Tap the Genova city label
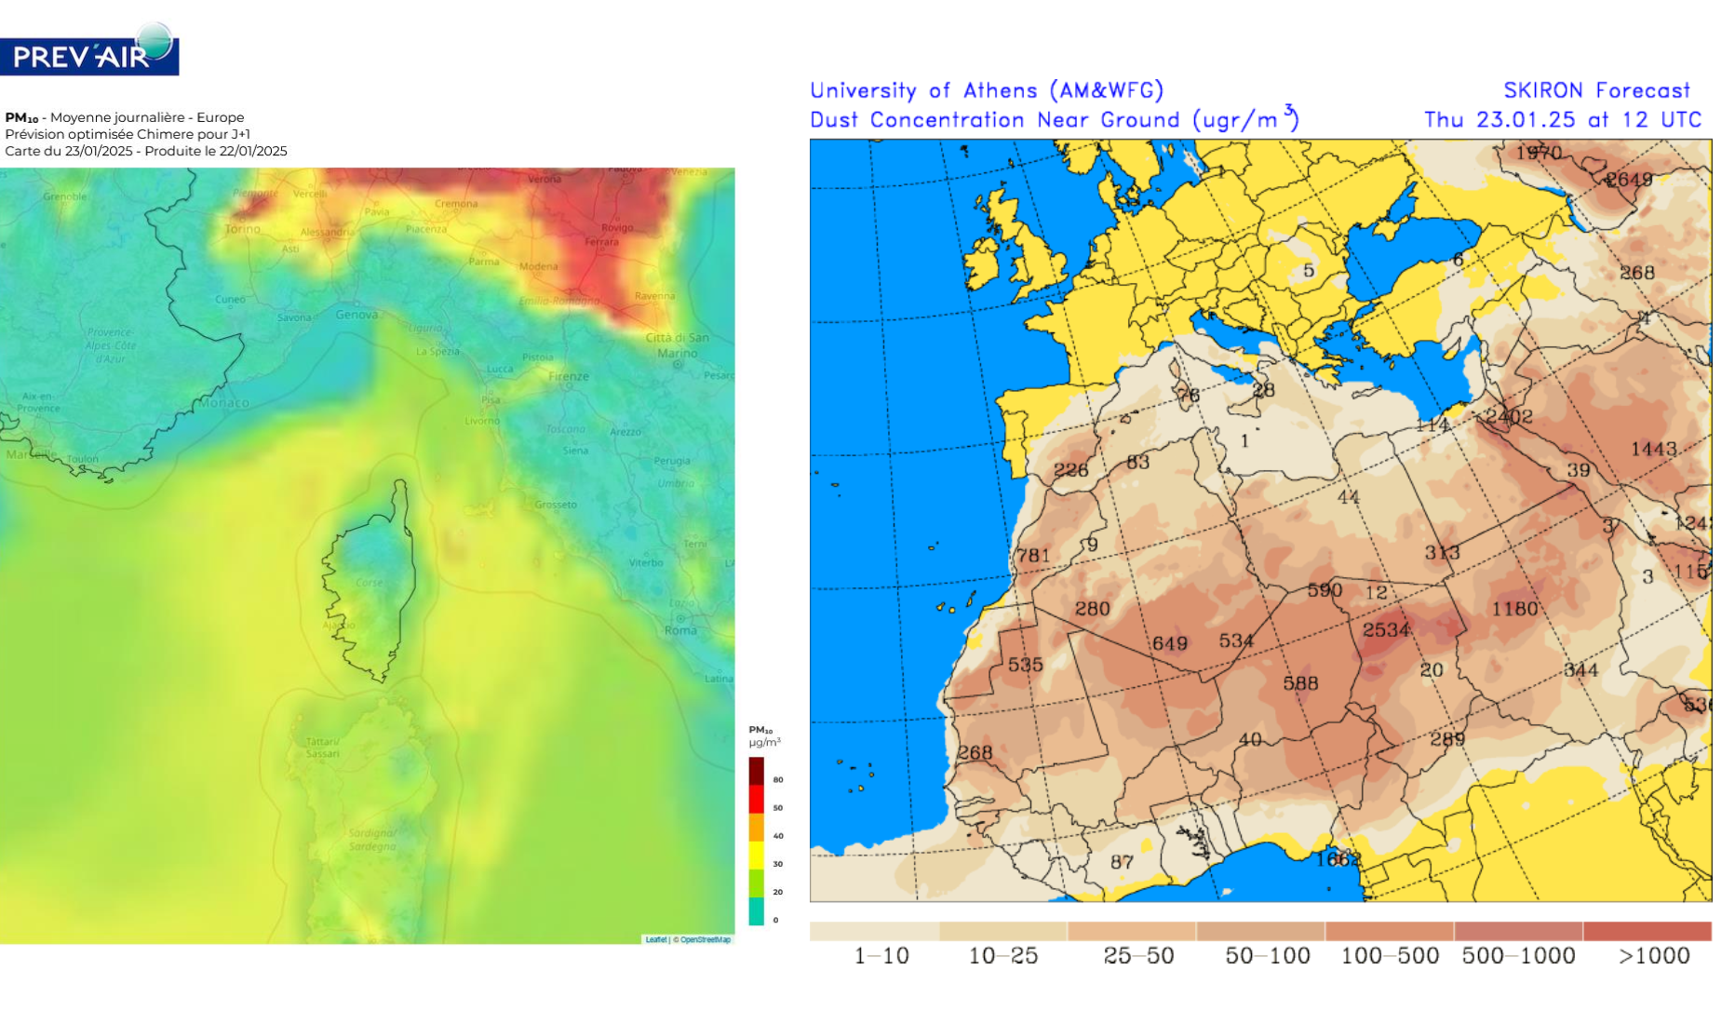[x=356, y=315]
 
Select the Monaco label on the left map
[x=224, y=403]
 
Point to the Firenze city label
[x=569, y=376]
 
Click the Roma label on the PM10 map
[x=680, y=630]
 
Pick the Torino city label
[x=243, y=229]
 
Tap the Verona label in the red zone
[x=545, y=179]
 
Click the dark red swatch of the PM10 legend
[x=756, y=771]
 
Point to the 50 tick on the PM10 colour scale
[x=778, y=808]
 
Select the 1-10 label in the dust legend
[x=881, y=956]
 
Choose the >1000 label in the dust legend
[x=1654, y=956]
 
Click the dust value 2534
[x=1386, y=630]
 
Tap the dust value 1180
[x=1514, y=609]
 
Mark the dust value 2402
[x=1509, y=416]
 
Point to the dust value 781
[x=1032, y=556]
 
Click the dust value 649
[x=1169, y=643]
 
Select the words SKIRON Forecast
[x=1596, y=90]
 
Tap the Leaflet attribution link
[x=655, y=939]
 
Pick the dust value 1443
[x=1653, y=450]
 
